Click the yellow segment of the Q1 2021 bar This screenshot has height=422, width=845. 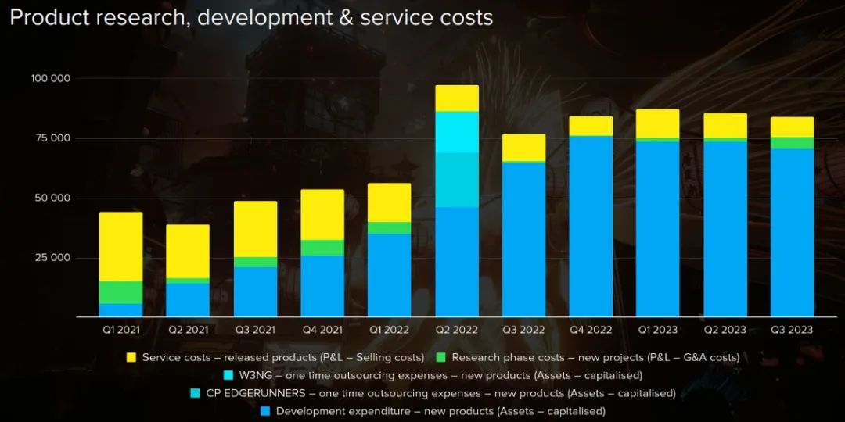coord(120,246)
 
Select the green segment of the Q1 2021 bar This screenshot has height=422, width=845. coord(120,292)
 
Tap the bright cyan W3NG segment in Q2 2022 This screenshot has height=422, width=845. coord(457,132)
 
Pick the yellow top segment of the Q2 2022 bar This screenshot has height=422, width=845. coord(457,98)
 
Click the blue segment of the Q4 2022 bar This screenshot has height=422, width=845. coord(591,227)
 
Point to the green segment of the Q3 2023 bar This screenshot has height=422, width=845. coord(792,143)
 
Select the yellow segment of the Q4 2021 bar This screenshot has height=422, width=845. coord(322,215)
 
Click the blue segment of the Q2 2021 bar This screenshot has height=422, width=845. coord(188,300)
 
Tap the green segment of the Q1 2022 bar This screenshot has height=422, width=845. coord(390,228)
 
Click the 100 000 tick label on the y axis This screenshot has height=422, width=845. coord(51,79)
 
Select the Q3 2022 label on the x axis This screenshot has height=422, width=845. coord(523,330)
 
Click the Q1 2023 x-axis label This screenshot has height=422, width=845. coord(657,330)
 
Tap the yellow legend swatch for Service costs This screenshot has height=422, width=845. coord(131,358)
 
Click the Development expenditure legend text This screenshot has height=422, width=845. coord(440,411)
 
